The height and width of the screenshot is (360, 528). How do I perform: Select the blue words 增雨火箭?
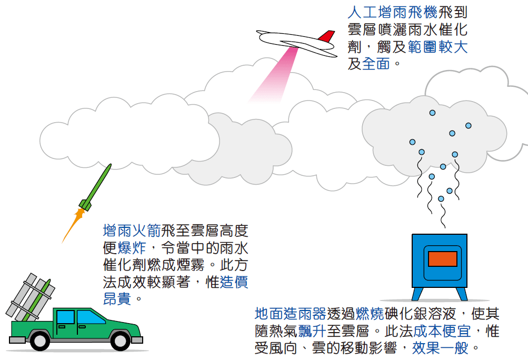132,231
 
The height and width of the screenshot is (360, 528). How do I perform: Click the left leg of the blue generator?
417,294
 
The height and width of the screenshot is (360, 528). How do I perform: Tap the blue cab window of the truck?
65,317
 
